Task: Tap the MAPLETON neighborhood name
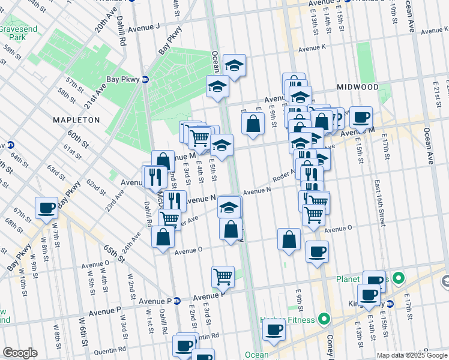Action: (76, 120)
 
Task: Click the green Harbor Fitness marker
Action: (325, 319)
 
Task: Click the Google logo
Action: (20, 353)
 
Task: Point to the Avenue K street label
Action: (312, 48)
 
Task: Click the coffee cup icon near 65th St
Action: (46, 208)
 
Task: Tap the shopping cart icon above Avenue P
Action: (223, 277)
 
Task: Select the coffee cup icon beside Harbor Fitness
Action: (274, 329)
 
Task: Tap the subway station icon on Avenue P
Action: (177, 301)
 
